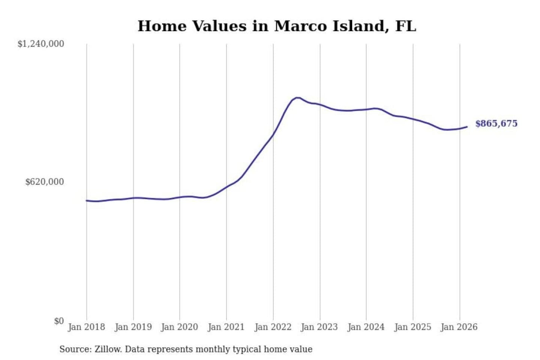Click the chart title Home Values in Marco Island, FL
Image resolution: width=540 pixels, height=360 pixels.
[x=277, y=26]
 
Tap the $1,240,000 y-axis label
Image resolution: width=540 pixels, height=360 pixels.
[x=40, y=44]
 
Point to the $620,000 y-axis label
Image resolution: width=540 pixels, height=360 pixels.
[x=44, y=182]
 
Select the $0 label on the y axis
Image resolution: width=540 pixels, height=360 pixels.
[x=58, y=321]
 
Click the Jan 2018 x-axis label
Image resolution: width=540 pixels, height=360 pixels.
[x=86, y=327]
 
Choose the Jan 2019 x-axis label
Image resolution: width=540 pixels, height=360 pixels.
[x=133, y=327]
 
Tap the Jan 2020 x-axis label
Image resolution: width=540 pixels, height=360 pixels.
[x=179, y=327]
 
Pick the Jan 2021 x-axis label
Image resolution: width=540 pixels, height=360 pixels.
[x=226, y=327]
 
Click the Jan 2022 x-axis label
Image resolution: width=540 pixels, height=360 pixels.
[x=273, y=327]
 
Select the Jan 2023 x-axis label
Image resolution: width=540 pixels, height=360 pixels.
[x=319, y=327]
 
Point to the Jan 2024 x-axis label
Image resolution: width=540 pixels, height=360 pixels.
[x=366, y=327]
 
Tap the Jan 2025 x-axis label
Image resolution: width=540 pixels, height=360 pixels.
[x=412, y=327]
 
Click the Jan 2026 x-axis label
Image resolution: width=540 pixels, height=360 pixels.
[x=459, y=327]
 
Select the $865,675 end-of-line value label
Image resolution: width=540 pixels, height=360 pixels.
[x=496, y=123]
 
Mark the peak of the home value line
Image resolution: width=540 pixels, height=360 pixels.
[x=297, y=98]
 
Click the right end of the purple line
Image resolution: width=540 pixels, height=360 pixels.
[x=467, y=127]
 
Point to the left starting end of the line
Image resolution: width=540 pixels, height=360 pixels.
[x=87, y=201]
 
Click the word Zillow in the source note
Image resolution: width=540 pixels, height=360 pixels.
[x=108, y=349]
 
